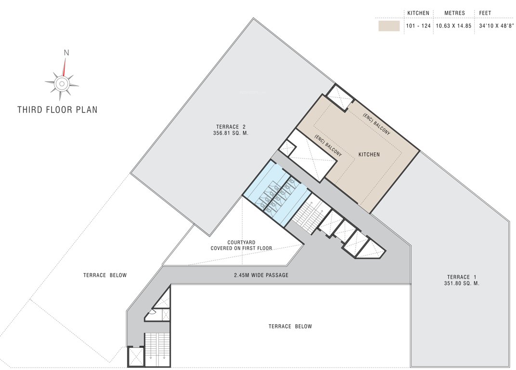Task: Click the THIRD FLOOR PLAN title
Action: point(57,110)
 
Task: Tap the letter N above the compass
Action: point(66,53)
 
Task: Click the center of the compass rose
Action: point(62,84)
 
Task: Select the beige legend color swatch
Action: point(389,26)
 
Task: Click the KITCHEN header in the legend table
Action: point(418,13)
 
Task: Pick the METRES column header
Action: point(454,13)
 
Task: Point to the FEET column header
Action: point(485,13)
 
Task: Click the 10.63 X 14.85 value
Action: point(454,26)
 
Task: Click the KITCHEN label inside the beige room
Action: point(369,155)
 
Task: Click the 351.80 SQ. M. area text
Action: point(461,284)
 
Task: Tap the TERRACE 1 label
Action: point(461,277)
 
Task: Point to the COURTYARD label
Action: point(241,242)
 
